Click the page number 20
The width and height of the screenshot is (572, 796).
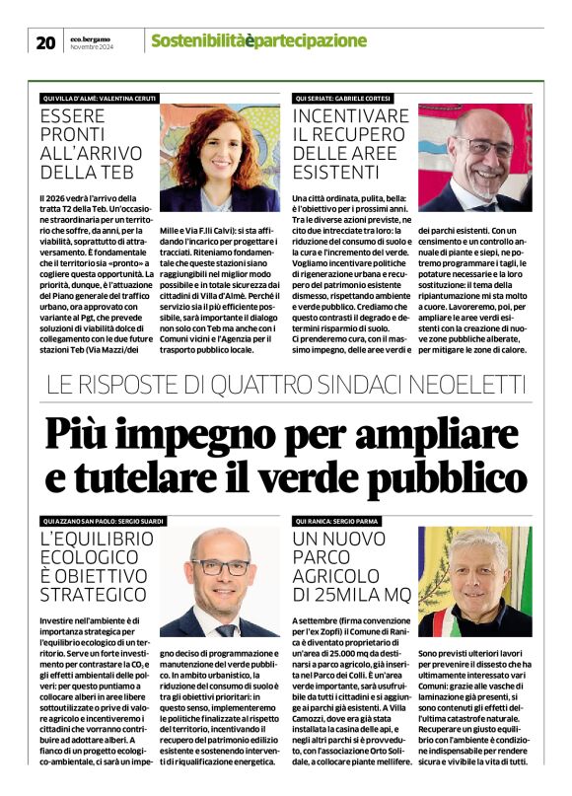(x=45, y=42)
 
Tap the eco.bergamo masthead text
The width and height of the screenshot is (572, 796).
(x=91, y=36)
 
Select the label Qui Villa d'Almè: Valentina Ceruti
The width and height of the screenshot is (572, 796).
(x=100, y=98)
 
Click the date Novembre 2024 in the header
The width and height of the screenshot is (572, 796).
(x=91, y=47)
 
